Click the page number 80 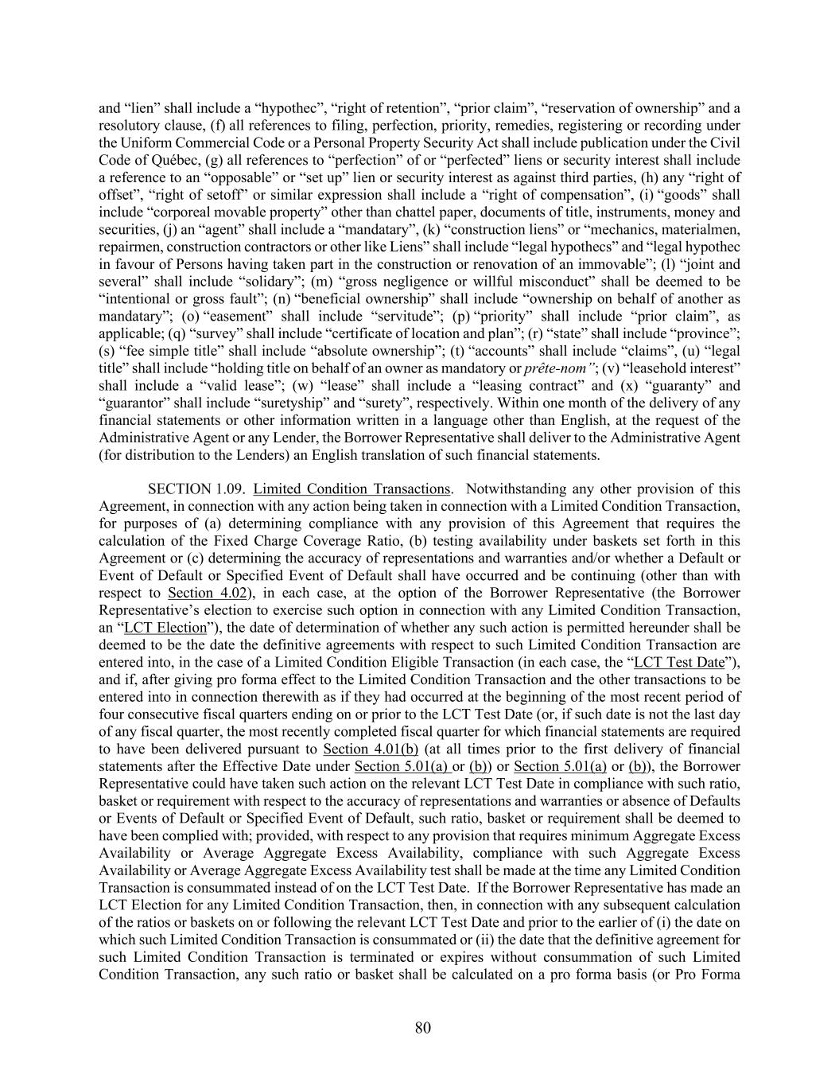click(x=422, y=1028)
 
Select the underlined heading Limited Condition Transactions click(x=352, y=489)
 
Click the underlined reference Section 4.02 click(x=199, y=593)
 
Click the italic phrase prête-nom click(x=557, y=368)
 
